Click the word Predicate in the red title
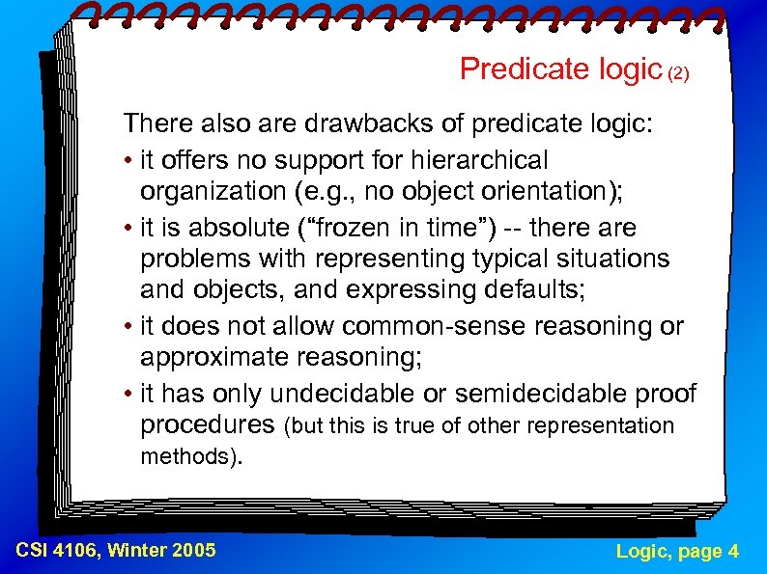(509, 69)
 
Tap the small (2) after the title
(678, 73)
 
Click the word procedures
(208, 425)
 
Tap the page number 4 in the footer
(733, 552)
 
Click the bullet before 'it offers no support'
(128, 159)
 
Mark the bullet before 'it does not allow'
(128, 327)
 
